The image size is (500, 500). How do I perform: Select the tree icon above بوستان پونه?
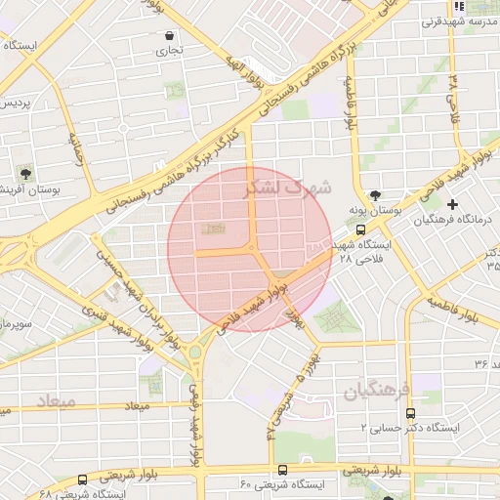(376, 194)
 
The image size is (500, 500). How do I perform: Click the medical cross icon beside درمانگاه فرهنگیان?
(452, 204)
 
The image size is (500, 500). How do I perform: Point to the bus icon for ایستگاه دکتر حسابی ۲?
(410, 413)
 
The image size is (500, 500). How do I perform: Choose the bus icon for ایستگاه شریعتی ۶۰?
(282, 470)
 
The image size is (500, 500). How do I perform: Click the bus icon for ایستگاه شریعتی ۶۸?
(82, 479)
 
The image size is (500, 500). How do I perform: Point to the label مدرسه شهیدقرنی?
(461, 21)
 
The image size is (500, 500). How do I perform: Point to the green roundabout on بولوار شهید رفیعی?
(194, 351)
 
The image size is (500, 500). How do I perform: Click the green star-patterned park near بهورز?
(336, 316)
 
